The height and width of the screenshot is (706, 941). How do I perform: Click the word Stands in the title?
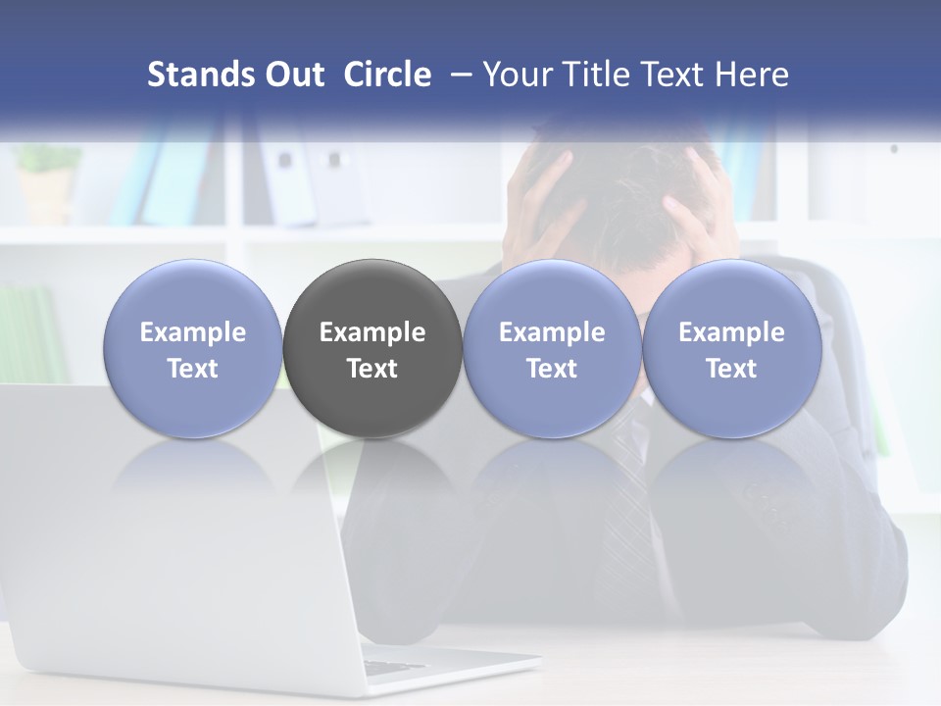(x=201, y=75)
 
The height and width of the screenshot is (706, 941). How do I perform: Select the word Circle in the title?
(x=387, y=75)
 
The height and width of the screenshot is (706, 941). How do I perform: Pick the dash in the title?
(x=457, y=75)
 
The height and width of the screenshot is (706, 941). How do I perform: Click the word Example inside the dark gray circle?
(x=372, y=332)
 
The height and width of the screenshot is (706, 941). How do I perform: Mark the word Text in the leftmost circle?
(x=193, y=369)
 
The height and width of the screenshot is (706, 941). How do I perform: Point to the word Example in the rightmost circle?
(x=731, y=332)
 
